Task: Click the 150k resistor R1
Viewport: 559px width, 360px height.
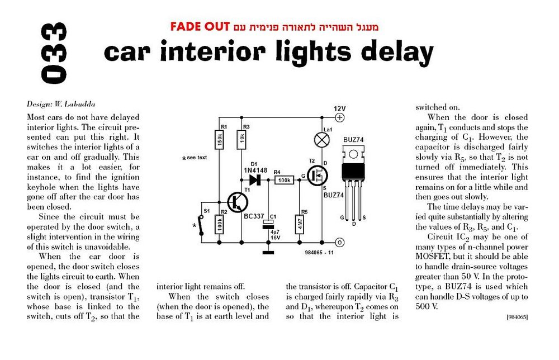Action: (x=219, y=139)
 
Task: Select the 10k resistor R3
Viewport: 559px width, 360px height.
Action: (x=241, y=139)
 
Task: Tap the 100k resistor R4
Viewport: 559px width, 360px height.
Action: (x=284, y=181)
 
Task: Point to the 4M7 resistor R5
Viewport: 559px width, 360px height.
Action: (x=300, y=224)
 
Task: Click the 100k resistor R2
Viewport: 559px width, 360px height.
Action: (x=219, y=224)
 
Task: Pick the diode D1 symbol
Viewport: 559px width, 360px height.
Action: (x=255, y=180)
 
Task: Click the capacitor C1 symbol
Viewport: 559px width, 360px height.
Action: (x=268, y=225)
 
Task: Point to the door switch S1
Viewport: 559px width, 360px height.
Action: (x=201, y=225)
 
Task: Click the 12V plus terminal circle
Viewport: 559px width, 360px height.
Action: (x=340, y=117)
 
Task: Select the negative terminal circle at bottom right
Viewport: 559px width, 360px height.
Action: (x=340, y=243)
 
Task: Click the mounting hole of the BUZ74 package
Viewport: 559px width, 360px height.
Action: (x=353, y=154)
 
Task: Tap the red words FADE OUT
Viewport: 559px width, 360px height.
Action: (x=200, y=27)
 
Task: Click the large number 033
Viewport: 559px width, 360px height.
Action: (x=54, y=54)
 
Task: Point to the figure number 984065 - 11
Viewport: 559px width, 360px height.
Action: (x=319, y=252)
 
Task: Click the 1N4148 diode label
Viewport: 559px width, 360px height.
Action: (x=255, y=170)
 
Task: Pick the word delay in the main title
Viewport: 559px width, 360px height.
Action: (x=397, y=53)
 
